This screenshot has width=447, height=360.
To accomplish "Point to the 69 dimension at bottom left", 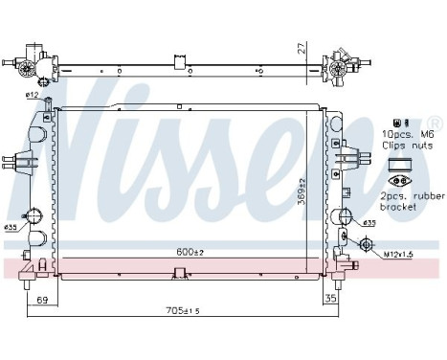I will [41, 300].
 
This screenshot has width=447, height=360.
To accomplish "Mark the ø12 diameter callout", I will [31, 96].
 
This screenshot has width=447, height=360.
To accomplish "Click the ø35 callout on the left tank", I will [11, 228].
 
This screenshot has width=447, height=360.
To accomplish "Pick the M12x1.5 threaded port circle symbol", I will [367, 245].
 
